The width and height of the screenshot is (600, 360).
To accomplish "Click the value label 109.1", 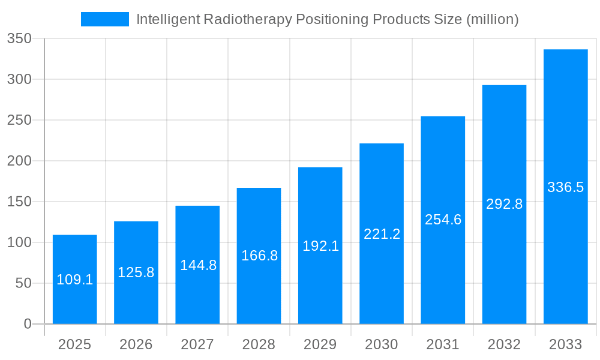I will pos(75,280).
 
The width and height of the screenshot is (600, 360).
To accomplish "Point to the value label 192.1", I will pos(320,246).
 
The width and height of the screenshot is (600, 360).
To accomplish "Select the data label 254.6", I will pos(443,220).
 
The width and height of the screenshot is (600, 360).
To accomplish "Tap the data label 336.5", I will pos(565,187).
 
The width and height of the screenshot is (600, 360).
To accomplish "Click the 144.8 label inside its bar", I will pos(198,265).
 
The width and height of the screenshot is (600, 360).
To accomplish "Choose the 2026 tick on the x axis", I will pos(136,344).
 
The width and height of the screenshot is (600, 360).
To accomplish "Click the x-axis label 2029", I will pos(320,344).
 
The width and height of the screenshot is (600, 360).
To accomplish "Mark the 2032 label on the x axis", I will pos(504,344).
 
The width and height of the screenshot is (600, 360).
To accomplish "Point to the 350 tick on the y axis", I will pos(19,39).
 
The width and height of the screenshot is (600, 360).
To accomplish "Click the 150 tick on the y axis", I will pos(19,202).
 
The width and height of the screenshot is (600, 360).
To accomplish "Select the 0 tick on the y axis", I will pos(27,324).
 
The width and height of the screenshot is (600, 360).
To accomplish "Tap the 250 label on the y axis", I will pos(19,121).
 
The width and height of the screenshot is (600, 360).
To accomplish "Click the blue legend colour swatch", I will pos(105,19).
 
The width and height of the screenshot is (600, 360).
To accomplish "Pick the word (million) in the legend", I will pos(492,19).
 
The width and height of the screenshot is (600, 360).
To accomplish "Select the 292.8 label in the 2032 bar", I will pos(504,204).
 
